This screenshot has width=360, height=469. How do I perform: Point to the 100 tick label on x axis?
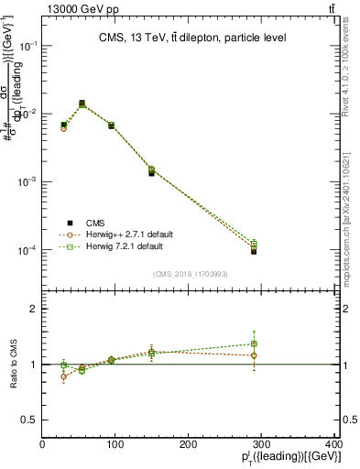tap(115, 444)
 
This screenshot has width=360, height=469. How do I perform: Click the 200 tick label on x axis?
tap(189, 444)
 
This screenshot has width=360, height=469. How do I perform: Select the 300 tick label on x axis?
tap(262, 444)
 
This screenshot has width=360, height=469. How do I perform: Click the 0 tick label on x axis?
tap(42, 444)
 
